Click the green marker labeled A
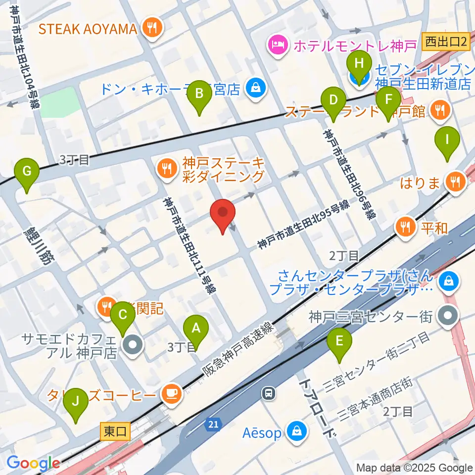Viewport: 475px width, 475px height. (x=196, y=329)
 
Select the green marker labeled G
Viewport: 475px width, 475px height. (x=27, y=172)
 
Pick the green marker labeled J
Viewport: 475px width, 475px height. (x=76, y=401)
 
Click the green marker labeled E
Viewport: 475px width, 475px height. (x=339, y=341)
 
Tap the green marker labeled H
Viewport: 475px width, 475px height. (x=360, y=64)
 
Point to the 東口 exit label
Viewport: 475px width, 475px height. (x=115, y=432)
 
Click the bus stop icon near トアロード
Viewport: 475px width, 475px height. (x=268, y=393)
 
